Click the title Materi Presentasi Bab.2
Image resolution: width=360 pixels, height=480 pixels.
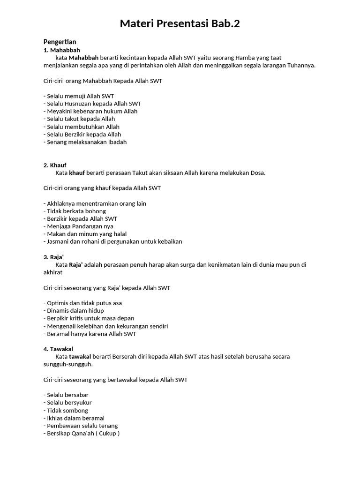(180, 23)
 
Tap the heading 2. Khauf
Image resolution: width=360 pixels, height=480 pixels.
(55, 165)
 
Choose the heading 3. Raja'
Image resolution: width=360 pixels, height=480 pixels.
(53, 257)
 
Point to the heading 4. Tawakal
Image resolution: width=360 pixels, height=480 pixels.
(58, 349)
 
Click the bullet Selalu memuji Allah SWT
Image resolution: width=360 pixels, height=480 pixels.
(80, 96)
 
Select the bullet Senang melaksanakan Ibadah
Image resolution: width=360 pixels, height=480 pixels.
(86, 142)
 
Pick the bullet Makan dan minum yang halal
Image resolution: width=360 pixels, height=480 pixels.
(86, 234)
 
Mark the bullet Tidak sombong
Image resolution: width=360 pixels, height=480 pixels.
(67, 410)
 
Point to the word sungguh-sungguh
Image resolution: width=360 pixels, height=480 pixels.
(68, 364)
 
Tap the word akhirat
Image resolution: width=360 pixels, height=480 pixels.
(52, 272)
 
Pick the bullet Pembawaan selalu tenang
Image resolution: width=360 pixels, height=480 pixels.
(82, 426)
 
